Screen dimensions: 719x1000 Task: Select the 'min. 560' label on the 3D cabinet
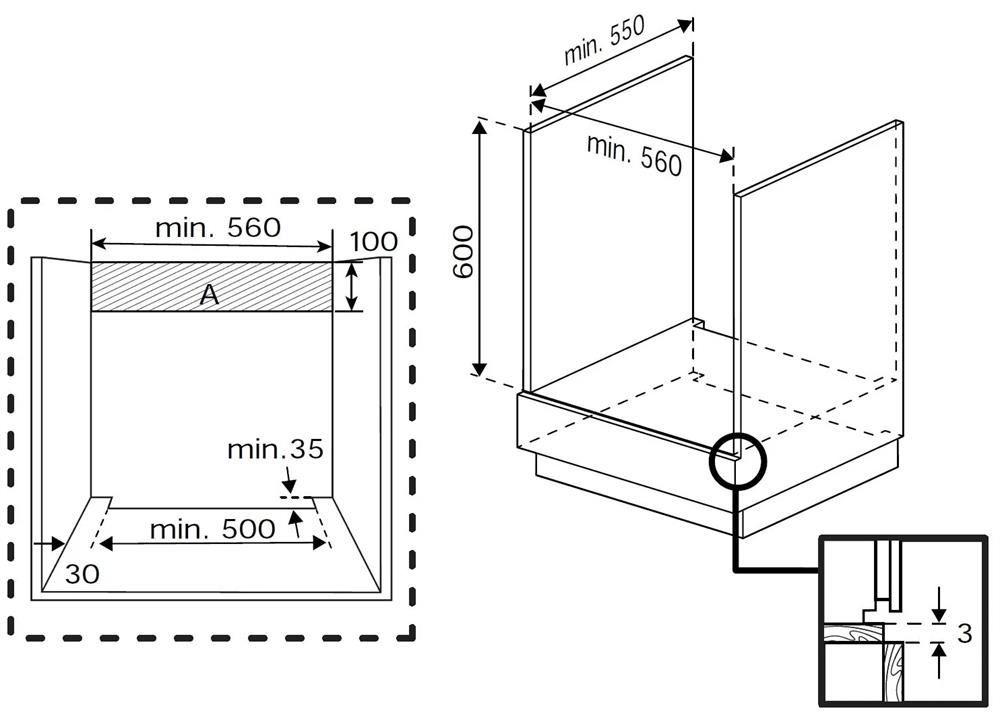pyautogui.click(x=634, y=154)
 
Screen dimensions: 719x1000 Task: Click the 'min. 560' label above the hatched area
pyautogui.click(x=217, y=227)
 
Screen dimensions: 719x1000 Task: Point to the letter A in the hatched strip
pyautogui.click(x=209, y=294)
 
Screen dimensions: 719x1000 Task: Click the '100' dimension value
pyautogui.click(x=374, y=241)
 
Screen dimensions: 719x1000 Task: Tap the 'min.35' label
pyautogui.click(x=275, y=449)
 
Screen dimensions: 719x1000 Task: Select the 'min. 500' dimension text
pyautogui.click(x=212, y=529)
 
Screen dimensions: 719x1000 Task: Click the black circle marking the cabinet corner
pyautogui.click(x=736, y=459)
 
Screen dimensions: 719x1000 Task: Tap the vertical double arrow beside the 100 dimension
pyautogui.click(x=351, y=287)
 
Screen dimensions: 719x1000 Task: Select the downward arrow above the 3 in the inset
pyautogui.click(x=938, y=603)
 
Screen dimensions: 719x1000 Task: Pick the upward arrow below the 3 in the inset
pyautogui.click(x=938, y=660)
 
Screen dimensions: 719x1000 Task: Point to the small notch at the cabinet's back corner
pyautogui.click(x=699, y=323)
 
